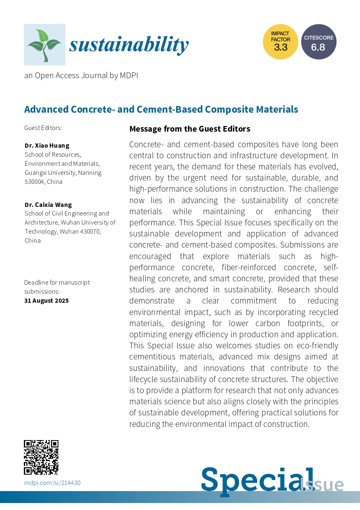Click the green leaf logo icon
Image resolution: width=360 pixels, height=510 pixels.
click(44, 44)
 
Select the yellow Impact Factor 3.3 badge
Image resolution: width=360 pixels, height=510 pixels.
click(281, 42)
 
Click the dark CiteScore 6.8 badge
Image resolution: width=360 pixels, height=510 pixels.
click(318, 42)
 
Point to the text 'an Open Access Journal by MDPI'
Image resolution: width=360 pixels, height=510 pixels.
click(81, 75)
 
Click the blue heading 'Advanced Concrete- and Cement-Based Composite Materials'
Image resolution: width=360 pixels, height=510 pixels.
click(161, 109)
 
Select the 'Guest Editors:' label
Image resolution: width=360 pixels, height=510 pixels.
click(43, 128)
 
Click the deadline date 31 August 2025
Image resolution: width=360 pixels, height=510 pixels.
click(46, 300)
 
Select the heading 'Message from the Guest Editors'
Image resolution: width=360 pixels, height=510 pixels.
click(190, 129)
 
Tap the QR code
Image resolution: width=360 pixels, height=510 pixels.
click(41, 457)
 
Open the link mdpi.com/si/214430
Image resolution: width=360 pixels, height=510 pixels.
click(52, 482)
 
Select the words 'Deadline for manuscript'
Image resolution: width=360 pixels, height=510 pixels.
click(57, 283)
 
